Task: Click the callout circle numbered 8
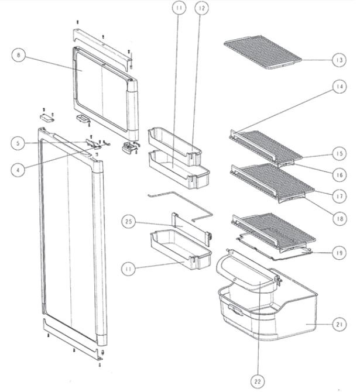click(19, 55)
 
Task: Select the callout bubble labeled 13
click(340, 60)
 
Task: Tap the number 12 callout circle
click(201, 8)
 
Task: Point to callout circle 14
click(340, 87)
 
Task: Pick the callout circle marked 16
click(340, 175)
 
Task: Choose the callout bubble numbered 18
click(340, 219)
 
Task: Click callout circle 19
click(340, 253)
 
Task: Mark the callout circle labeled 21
click(340, 325)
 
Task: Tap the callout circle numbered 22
click(258, 381)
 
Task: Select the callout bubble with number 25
click(129, 222)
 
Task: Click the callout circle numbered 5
click(18, 143)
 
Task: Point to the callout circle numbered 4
click(18, 170)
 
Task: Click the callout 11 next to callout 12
click(179, 8)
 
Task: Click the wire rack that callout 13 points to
click(263, 52)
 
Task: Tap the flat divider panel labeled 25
click(191, 229)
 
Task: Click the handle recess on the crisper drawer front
click(235, 310)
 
